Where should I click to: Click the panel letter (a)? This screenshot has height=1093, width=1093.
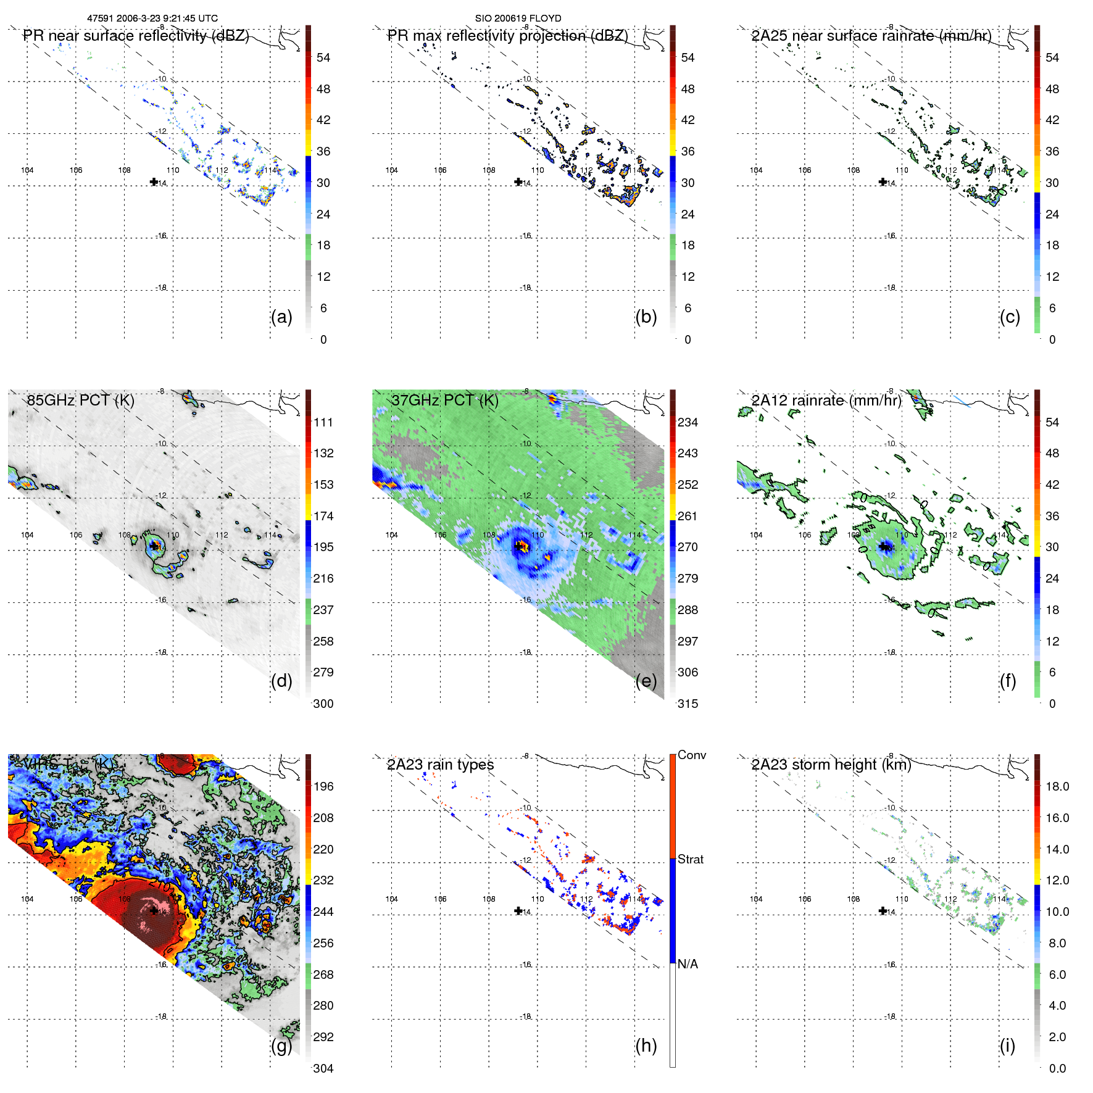coord(281,317)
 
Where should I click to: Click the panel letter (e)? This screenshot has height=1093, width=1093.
coord(646,681)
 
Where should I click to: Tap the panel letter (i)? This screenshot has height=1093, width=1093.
coord(1007,1045)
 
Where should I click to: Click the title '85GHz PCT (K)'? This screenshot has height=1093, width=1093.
coord(80,400)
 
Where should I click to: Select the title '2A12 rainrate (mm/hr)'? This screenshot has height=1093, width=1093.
coord(826,400)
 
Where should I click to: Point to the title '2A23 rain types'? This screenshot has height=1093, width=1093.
coord(440,765)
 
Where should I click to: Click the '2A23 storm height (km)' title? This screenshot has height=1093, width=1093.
coord(831,765)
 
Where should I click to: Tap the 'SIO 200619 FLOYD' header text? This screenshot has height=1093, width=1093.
coord(518,19)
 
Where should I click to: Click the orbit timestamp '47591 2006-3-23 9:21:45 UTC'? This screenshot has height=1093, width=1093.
coord(152,19)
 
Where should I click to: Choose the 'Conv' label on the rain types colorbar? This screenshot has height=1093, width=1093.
coord(691,755)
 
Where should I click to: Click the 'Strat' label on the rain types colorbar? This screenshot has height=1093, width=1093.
coord(690,859)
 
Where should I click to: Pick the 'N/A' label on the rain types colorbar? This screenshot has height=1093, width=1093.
coord(688,964)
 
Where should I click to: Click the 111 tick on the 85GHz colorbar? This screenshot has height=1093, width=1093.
coord(323,422)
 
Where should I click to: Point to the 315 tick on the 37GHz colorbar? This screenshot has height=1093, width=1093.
coord(688,704)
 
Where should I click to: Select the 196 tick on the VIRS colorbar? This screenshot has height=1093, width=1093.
coord(323,786)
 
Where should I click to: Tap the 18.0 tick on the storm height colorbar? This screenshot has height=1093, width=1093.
coord(1057,786)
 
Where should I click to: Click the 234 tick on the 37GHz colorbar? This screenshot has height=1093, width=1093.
coord(688,422)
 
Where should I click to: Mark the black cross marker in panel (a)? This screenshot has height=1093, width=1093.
coord(154,181)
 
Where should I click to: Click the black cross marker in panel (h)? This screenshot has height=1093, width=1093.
coord(518,910)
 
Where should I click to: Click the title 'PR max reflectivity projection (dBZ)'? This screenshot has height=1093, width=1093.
coord(507,36)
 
